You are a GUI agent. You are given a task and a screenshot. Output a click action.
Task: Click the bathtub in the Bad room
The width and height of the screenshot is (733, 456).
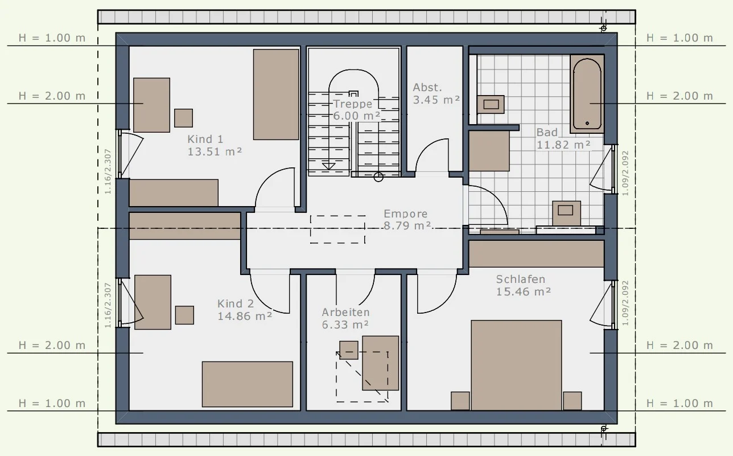pos(587,93)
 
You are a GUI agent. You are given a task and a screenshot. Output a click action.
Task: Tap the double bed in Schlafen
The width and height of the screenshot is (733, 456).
pos(516,365)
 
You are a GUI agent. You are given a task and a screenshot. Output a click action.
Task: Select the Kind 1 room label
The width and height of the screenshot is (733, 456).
pos(205,139)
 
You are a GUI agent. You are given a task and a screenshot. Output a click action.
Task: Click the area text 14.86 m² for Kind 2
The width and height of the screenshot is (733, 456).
pos(245,316)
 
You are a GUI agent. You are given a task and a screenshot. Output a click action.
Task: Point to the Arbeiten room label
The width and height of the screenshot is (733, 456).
pos(345,313)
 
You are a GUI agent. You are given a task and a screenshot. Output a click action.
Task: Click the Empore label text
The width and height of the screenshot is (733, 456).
pos(405,213)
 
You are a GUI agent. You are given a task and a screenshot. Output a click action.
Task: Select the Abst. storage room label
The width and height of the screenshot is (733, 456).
pos(427,88)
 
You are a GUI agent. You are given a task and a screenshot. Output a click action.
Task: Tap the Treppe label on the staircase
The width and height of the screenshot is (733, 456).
pos(352,104)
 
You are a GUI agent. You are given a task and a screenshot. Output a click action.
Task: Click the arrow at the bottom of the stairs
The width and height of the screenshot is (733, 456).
pos(328,166)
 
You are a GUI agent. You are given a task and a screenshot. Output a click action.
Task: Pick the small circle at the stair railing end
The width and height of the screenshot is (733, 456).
pos(378,177)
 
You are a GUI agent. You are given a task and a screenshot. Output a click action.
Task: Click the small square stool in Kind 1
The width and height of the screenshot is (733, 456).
pos(183,118)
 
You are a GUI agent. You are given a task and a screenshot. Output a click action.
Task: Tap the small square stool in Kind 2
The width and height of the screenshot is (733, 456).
pos(184,315)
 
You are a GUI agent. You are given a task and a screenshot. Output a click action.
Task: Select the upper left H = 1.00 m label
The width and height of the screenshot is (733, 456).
pos(52,38)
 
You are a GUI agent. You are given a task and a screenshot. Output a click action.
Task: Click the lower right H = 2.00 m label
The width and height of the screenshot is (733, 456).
pos(680,345)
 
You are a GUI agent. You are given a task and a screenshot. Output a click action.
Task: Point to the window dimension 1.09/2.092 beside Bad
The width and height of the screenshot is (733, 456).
pos(625,173)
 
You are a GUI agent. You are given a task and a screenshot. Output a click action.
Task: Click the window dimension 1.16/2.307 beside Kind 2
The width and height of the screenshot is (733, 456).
pos(108,305)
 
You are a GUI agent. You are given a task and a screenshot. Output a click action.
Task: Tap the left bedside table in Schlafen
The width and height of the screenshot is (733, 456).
pos(460,401)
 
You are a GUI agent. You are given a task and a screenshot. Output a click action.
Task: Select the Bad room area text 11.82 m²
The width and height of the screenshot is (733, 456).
pos(563,145)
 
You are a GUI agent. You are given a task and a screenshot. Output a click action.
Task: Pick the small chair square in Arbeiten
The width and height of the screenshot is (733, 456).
pos(348,350)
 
